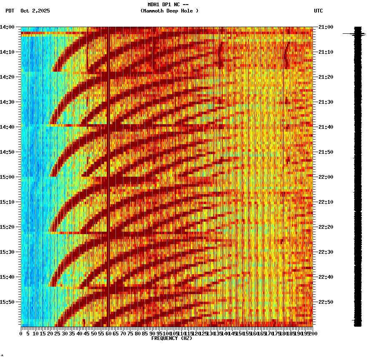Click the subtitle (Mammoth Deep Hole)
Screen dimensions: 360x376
click(x=169, y=11)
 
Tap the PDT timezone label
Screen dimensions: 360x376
click(x=10, y=11)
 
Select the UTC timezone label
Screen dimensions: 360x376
click(x=318, y=11)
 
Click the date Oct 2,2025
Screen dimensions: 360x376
click(x=35, y=11)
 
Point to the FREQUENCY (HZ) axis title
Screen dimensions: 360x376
click(x=172, y=338)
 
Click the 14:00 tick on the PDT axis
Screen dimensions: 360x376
click(x=8, y=27)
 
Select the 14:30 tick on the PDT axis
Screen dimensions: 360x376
click(x=8, y=102)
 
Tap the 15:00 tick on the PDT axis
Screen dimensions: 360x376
click(x=8, y=177)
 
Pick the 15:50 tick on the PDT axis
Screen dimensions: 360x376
click(x=8, y=302)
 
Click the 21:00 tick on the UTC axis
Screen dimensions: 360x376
click(x=325, y=27)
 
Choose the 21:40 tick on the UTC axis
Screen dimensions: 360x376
click(x=325, y=127)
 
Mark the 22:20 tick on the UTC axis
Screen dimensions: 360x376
click(x=325, y=227)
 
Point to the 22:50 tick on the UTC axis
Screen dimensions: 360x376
click(x=325, y=302)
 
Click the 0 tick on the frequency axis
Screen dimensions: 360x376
click(x=21, y=333)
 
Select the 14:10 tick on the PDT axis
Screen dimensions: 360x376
click(x=8, y=52)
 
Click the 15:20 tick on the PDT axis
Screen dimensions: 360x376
click(x=8, y=227)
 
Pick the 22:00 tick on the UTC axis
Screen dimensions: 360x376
click(x=325, y=177)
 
